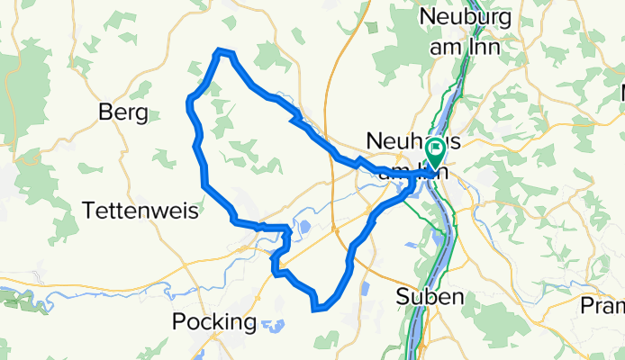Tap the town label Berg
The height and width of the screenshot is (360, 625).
(x=123, y=112)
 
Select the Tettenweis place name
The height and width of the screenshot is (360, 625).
(x=138, y=211)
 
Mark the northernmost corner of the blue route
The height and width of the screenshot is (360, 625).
(x=218, y=52)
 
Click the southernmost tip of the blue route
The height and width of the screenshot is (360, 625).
(x=314, y=310)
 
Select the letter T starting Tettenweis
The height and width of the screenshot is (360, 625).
(x=88, y=211)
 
